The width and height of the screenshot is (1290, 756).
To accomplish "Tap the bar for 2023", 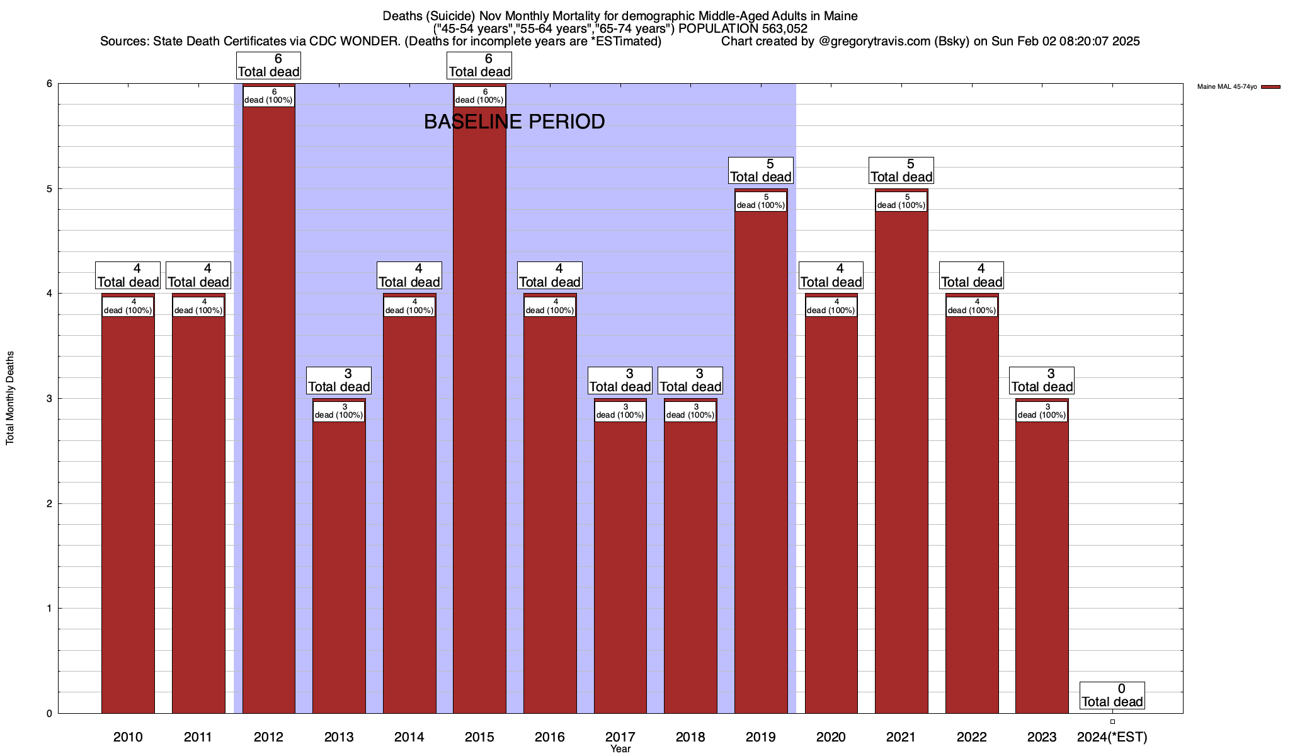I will click(x=1042, y=561).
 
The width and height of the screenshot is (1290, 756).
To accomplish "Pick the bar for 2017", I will click(x=620, y=561).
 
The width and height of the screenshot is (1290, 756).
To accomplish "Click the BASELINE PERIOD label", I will click(x=514, y=122).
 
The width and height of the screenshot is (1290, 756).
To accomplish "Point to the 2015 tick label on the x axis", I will click(x=479, y=736).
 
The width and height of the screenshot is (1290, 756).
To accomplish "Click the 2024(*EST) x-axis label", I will click(x=1112, y=736).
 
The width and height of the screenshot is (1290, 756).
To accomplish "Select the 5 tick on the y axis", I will click(x=49, y=189).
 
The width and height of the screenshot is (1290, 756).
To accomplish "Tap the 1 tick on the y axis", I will click(x=49, y=609).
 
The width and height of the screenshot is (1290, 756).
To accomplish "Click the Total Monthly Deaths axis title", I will click(x=10, y=398).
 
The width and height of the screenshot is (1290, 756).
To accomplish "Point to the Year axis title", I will click(x=620, y=749).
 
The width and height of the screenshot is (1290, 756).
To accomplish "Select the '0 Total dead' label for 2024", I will click(x=1112, y=696).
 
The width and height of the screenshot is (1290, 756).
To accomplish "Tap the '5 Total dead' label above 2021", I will click(x=901, y=171).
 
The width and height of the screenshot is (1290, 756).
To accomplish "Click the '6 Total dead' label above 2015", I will click(x=479, y=66).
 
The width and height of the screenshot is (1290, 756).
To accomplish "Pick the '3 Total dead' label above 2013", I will click(x=339, y=381).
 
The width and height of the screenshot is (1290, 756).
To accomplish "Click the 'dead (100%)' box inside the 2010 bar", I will click(x=128, y=306).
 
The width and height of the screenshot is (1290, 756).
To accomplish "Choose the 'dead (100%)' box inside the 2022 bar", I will click(x=972, y=306).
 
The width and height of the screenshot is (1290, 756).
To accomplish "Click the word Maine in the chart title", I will click(x=840, y=16).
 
